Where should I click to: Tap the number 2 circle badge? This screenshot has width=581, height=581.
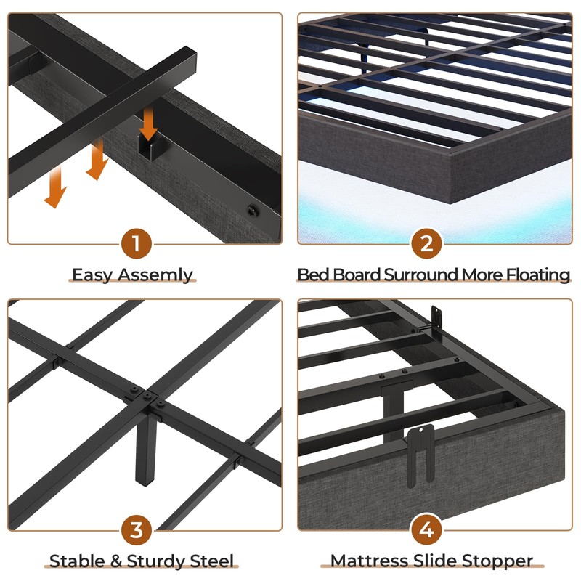426,244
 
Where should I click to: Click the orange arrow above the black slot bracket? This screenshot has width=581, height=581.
148,123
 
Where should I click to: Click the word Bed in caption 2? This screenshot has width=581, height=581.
313,275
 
